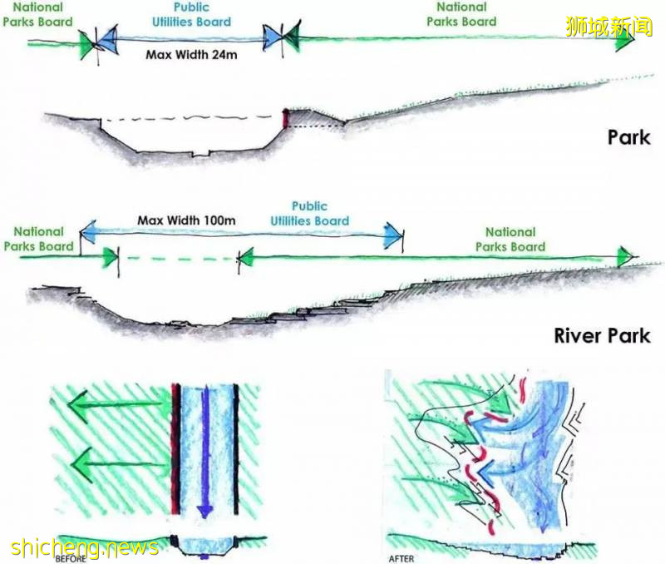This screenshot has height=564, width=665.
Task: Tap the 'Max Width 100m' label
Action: point(187,221)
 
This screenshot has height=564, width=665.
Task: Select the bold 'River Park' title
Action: point(602,337)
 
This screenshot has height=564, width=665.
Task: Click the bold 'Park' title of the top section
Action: point(628,136)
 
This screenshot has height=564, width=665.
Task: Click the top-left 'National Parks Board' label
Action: point(38,14)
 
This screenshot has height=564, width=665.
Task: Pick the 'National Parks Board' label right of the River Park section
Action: point(510,240)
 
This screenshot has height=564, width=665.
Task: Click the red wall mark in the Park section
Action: point(285,118)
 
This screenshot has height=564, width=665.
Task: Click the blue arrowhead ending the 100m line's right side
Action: point(393,236)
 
